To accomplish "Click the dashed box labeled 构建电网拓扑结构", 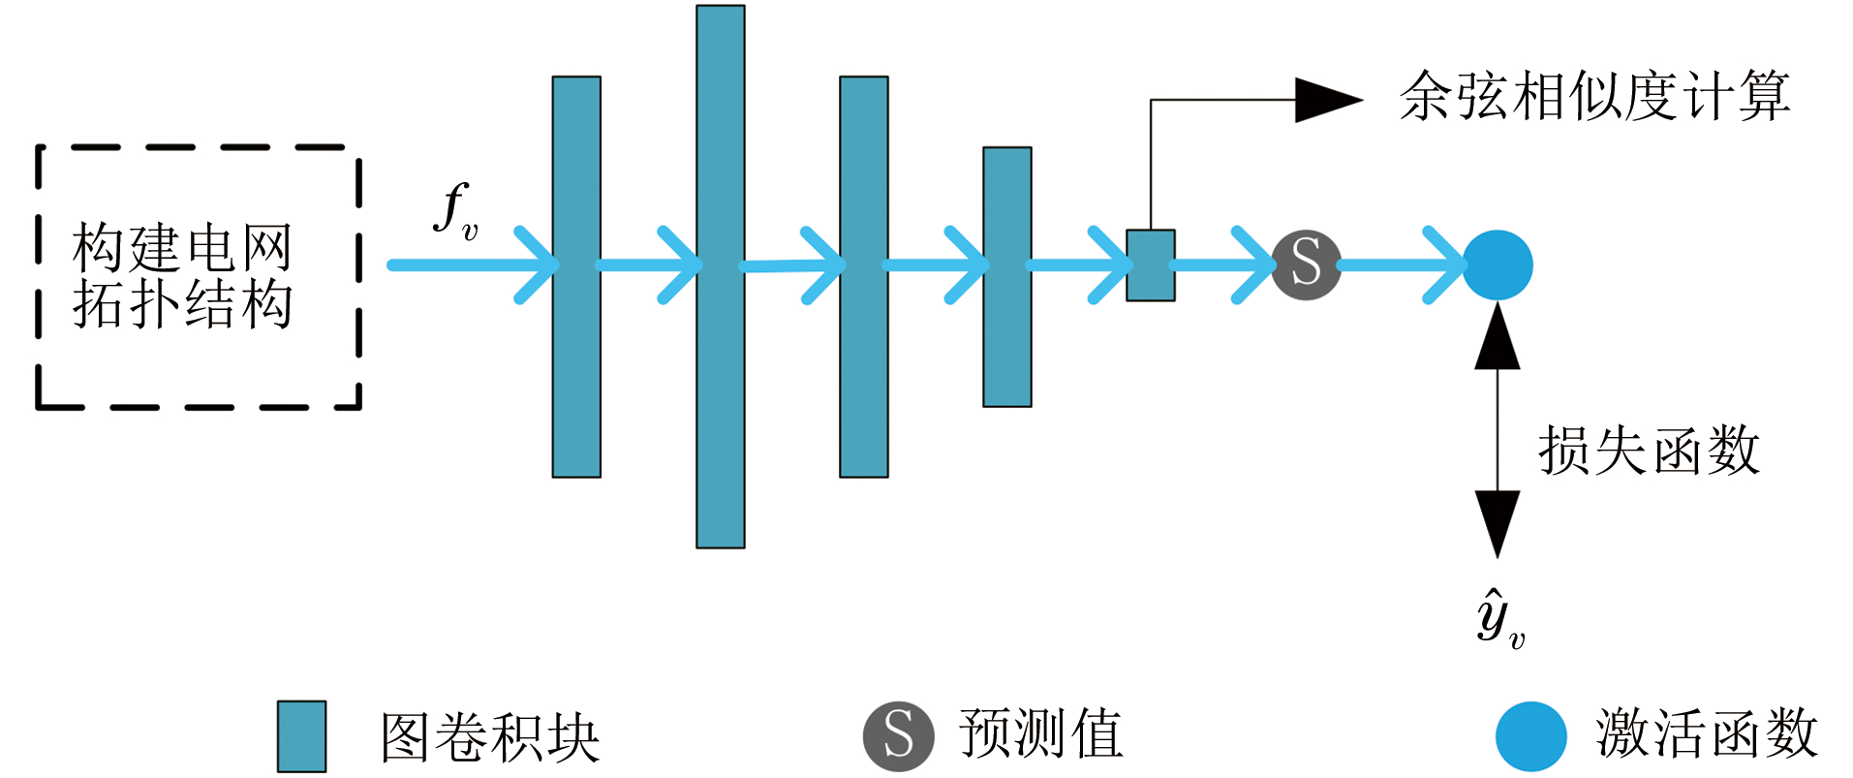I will point(198,277).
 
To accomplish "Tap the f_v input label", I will point(455,211).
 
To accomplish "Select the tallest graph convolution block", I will point(720,277).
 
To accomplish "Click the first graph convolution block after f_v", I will point(576,277).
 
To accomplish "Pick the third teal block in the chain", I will point(863,277).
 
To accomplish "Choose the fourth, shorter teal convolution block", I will point(1006,277).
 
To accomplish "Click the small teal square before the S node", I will point(1150,265).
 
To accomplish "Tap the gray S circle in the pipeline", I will point(1306,265).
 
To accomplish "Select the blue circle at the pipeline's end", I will point(1498,265).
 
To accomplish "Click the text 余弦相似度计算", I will point(1594,97).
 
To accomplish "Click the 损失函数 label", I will point(1649,451).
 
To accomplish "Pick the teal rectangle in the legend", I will point(301,736).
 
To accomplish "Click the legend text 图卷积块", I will point(490,737).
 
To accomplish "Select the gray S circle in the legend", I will point(898,735).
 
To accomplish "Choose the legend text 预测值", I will point(1041,733).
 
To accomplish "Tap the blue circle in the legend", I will point(1530,736).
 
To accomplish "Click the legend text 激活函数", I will point(1706,733).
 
